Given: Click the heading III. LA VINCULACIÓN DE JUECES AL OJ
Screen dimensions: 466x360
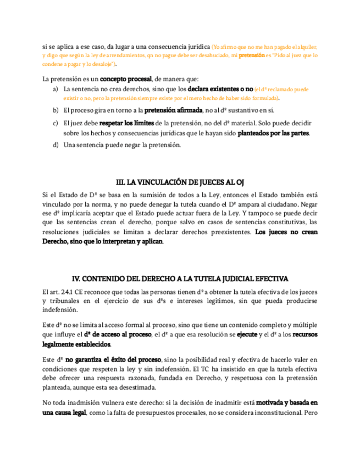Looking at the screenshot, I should click(x=180, y=182).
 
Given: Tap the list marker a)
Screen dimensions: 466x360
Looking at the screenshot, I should click(x=55, y=88).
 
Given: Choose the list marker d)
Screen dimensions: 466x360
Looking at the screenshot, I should click(x=55, y=145).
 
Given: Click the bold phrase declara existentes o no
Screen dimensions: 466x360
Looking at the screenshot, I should click(x=220, y=88).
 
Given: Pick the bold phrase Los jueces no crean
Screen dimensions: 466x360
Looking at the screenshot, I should click(x=286, y=232).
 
